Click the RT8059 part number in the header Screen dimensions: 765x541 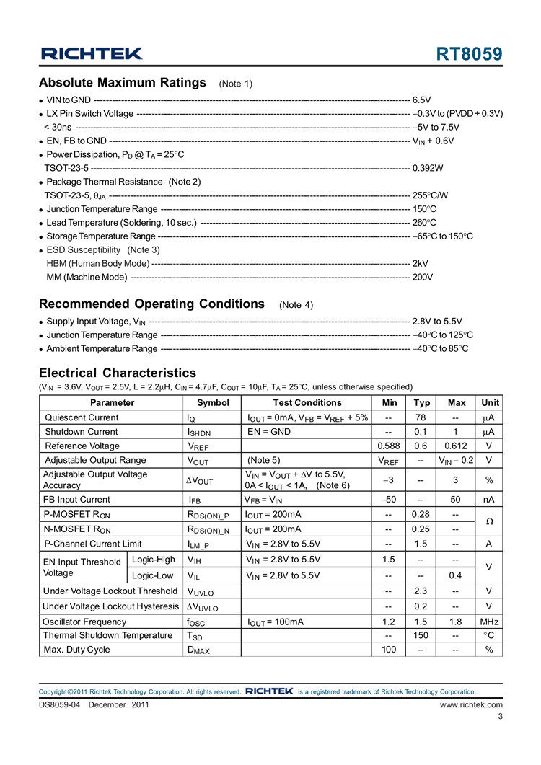click(x=469, y=55)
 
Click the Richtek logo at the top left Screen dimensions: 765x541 click(x=92, y=54)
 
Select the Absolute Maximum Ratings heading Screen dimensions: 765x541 click(x=123, y=83)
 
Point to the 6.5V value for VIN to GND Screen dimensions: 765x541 click(x=421, y=100)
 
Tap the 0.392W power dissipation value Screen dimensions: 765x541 click(x=427, y=168)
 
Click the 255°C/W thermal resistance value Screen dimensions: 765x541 click(x=430, y=195)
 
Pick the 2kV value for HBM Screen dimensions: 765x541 click(x=420, y=263)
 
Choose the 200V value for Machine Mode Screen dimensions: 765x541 click(x=422, y=277)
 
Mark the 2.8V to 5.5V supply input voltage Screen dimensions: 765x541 click(x=437, y=321)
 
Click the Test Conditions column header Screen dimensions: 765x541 click(x=307, y=403)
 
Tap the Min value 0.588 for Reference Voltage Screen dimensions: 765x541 click(x=388, y=446)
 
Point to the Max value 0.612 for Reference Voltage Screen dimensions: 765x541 click(x=457, y=446)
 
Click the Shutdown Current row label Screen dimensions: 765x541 click(x=82, y=432)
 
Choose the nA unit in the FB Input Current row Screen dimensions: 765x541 click(x=489, y=499)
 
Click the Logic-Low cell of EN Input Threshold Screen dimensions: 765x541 click(x=153, y=575)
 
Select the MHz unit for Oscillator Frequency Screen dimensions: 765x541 click(x=489, y=622)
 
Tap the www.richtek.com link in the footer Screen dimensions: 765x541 click(x=471, y=704)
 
